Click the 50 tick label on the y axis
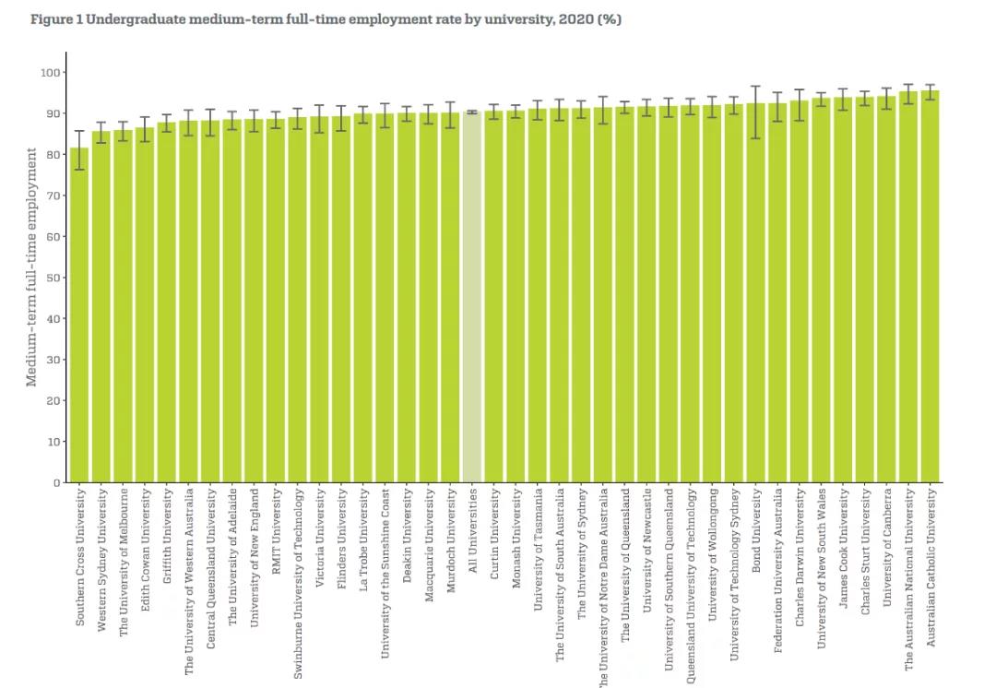click(53, 278)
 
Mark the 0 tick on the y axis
click(56, 482)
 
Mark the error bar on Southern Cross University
click(80, 149)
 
